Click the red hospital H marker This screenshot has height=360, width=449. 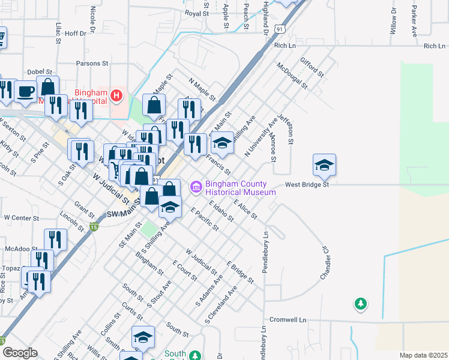(x=117, y=95)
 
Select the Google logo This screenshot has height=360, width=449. (x=20, y=353)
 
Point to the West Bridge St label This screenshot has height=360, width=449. (x=307, y=185)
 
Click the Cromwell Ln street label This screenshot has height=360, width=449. (x=288, y=319)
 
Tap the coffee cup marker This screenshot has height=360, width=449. (x=25, y=91)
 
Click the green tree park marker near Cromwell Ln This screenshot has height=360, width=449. (x=360, y=304)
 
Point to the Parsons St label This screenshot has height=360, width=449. (x=91, y=62)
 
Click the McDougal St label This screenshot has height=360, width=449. (x=292, y=76)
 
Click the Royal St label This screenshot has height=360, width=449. (x=196, y=13)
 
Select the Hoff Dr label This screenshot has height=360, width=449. (x=76, y=34)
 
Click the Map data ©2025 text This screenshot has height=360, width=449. (x=423, y=355)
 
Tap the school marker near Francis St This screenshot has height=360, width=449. (x=222, y=143)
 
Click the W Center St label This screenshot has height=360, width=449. (x=21, y=218)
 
